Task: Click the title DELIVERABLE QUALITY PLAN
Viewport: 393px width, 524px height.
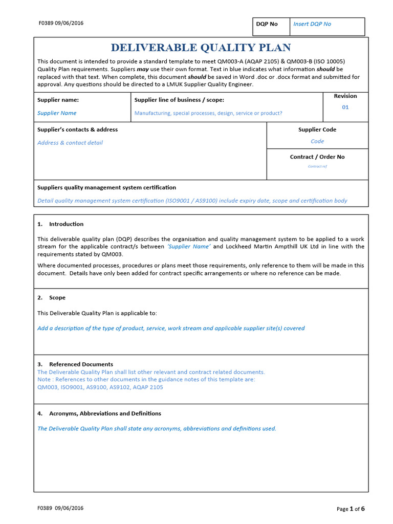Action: (x=201, y=48)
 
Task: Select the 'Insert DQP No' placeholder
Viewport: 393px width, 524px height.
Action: (x=312, y=24)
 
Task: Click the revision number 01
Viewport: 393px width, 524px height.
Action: (x=345, y=107)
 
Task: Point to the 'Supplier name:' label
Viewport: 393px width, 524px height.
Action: (x=58, y=100)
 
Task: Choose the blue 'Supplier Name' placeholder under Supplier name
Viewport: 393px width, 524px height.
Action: (x=57, y=113)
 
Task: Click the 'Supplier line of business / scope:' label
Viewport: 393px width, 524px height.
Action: (x=179, y=100)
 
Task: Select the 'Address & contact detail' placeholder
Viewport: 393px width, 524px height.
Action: (x=70, y=143)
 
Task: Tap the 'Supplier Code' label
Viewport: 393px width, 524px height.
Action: (x=317, y=130)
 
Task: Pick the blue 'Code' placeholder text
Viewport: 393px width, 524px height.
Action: (x=317, y=141)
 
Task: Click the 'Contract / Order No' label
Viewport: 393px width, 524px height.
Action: (x=317, y=157)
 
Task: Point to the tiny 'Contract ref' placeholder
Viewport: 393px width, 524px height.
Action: (x=317, y=166)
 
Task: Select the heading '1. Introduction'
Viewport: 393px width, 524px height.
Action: (x=60, y=224)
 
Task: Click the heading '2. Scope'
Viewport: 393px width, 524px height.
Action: (x=51, y=298)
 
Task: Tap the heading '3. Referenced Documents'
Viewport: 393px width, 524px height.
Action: (x=75, y=364)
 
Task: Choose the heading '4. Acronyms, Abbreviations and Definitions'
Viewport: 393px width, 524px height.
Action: (x=99, y=413)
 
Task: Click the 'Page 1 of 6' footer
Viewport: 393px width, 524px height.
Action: (x=351, y=509)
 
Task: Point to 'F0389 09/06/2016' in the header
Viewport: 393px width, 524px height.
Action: (x=61, y=23)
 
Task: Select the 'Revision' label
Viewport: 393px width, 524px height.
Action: (x=345, y=96)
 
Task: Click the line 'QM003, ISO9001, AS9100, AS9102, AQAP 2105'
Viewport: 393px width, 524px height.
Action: (x=100, y=387)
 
